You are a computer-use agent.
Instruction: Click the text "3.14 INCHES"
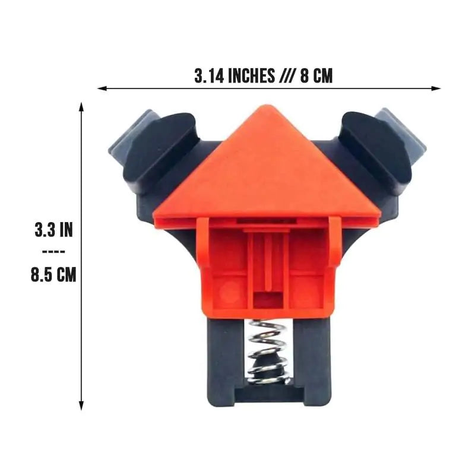pos(234,76)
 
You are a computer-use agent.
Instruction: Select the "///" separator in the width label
pos(286,76)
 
